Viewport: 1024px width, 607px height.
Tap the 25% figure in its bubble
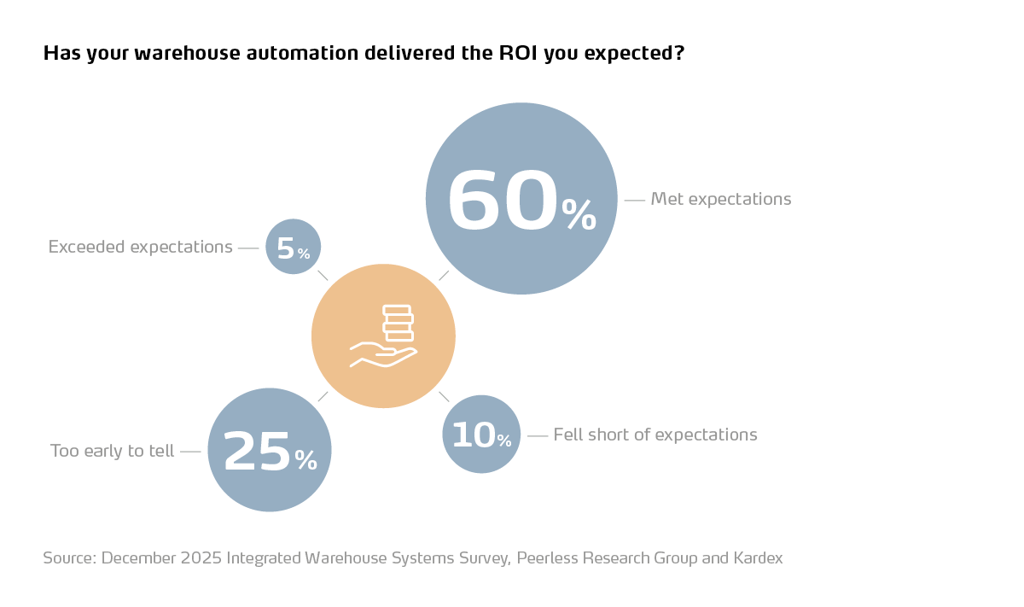click(x=256, y=451)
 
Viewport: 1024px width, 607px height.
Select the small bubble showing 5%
click(x=294, y=247)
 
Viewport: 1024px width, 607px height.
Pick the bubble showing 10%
click(x=481, y=435)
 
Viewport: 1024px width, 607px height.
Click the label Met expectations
click(x=720, y=199)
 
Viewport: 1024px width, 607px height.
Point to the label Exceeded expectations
click(x=140, y=247)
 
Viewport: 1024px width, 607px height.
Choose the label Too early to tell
click(x=112, y=451)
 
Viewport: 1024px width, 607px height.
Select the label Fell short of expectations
click(x=655, y=435)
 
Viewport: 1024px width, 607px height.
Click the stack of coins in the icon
click(x=398, y=323)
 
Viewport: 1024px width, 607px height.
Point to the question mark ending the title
click(x=679, y=53)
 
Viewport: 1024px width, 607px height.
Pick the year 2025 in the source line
click(x=201, y=558)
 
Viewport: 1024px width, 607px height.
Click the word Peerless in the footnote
click(x=547, y=558)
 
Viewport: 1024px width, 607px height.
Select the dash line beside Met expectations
click(x=634, y=200)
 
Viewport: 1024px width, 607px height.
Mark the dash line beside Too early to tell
click(x=190, y=451)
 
